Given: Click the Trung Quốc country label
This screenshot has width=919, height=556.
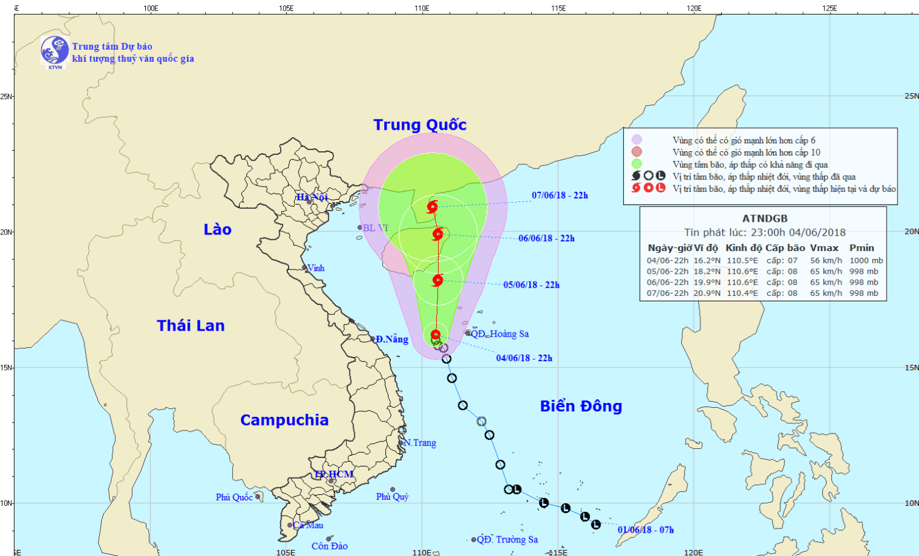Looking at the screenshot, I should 420,125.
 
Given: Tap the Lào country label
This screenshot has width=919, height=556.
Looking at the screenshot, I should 217,230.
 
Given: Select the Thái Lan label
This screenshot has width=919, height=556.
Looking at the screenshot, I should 191,326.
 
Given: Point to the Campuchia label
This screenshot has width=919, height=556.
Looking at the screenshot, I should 284,420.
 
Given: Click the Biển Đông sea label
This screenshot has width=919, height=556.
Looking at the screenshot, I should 581,406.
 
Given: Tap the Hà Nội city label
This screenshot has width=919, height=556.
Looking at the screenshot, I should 312,197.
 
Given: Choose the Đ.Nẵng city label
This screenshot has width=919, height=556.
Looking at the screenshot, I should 392,339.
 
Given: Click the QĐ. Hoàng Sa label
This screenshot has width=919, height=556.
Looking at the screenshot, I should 499,334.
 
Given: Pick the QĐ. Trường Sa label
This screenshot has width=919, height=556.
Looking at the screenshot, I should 507,539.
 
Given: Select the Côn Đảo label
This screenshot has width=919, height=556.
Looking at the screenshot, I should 330,546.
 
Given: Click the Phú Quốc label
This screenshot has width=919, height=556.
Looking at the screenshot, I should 234,497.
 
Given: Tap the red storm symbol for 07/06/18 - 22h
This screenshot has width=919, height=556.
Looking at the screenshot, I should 433,206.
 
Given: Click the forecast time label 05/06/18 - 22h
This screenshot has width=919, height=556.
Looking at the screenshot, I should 531,285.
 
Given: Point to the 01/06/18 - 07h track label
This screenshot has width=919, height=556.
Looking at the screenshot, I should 646,530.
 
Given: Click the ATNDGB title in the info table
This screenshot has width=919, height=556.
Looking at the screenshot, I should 765,219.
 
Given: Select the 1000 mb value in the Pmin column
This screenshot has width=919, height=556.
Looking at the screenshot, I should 866,260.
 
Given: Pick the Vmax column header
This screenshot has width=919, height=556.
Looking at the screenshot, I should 824,248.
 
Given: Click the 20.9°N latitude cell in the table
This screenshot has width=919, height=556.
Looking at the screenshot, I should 707,293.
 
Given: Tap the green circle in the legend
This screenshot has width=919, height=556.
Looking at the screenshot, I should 637,163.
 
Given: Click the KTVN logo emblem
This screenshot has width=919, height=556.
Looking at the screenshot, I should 55,51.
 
